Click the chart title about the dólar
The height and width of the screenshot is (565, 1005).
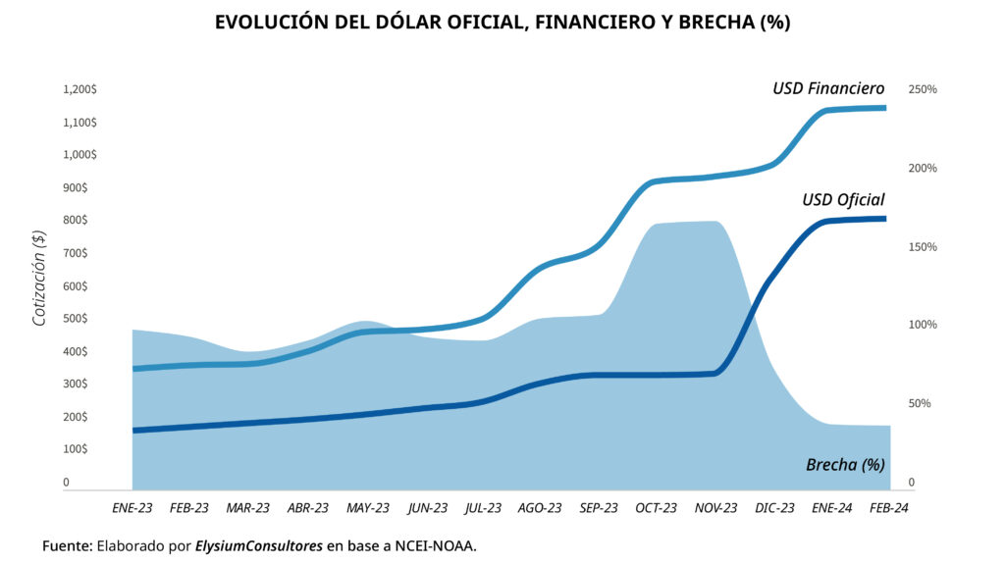(x=502, y=23)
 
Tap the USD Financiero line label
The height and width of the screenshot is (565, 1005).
(x=828, y=88)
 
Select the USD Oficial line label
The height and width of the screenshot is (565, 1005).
(x=843, y=200)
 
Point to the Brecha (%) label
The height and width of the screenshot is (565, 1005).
(x=845, y=464)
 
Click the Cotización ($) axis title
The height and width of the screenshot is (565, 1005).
(x=38, y=277)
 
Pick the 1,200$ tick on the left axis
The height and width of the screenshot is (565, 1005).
(x=79, y=89)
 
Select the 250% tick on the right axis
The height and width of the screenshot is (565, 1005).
(x=923, y=89)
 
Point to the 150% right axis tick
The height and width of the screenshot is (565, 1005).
(x=923, y=246)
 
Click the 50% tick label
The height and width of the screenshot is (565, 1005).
(x=920, y=403)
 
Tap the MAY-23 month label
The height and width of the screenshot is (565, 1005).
(x=367, y=508)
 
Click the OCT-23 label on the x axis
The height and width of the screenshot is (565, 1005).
(x=656, y=508)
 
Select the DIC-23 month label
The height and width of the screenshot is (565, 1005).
(x=774, y=508)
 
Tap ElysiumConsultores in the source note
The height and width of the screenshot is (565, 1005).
(x=258, y=545)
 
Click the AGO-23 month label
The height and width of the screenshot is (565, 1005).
(x=540, y=508)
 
